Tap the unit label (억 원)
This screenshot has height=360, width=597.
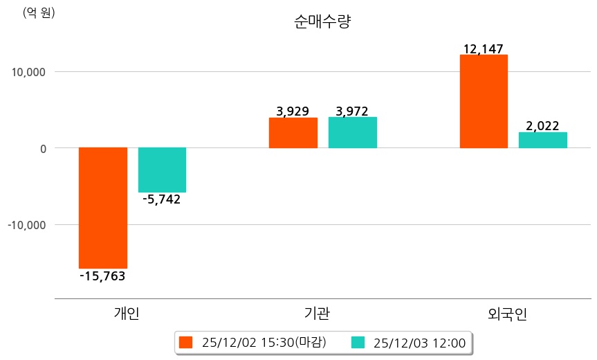(39, 12)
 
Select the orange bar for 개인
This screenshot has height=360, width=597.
(102, 208)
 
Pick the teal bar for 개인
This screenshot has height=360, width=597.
(162, 170)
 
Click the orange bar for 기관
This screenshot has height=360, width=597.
(293, 133)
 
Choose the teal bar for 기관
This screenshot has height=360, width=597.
(352, 133)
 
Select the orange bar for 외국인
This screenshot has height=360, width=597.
(484, 101)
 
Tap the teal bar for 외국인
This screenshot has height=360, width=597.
(543, 140)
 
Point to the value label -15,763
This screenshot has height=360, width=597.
(102, 276)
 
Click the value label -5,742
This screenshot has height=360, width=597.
(161, 200)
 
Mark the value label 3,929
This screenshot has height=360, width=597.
(293, 111)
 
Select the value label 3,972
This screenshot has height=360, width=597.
(351, 111)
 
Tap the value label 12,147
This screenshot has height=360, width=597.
(484, 48)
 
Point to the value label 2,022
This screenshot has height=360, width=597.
(543, 126)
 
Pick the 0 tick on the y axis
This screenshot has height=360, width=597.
(42, 148)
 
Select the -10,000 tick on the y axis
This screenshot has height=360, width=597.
(26, 225)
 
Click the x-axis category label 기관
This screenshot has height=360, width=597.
(317, 314)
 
